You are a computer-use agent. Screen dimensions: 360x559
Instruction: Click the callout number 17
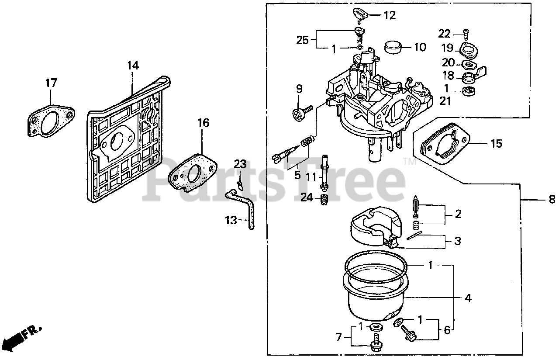tap(51, 83)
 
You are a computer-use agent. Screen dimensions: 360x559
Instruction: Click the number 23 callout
tap(240, 164)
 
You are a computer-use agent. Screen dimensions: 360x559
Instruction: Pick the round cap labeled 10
tap(395, 46)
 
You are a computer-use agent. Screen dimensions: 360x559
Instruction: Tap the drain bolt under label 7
tap(375, 343)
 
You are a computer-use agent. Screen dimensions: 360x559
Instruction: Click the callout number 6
tap(447, 330)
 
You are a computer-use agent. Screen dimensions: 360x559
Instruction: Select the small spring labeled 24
tap(324, 201)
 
